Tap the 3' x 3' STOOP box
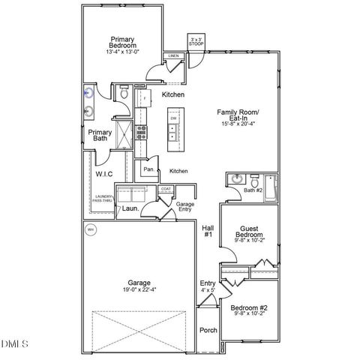click(196, 42)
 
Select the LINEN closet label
click(173, 56)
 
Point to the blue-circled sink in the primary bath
click(89, 94)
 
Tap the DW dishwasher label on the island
click(173, 119)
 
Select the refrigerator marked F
click(142, 98)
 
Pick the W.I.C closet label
click(104, 174)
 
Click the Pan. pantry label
click(148, 169)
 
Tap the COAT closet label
click(166, 189)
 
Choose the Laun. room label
click(128, 209)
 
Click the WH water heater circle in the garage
click(91, 230)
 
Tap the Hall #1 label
click(208, 231)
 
